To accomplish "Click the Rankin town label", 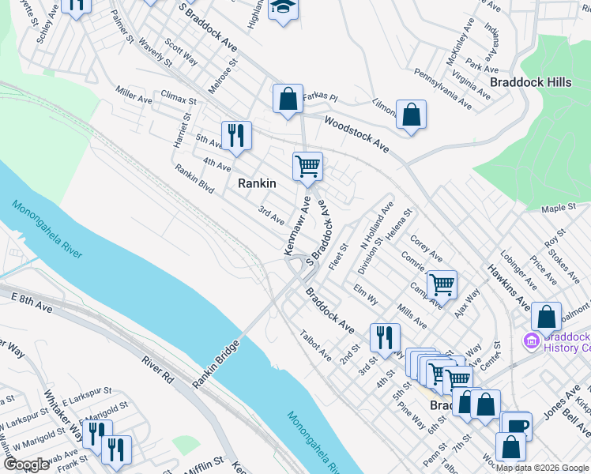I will [258, 183].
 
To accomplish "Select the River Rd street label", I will [157, 371].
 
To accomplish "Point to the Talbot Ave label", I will [315, 345].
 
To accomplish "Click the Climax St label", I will [178, 100].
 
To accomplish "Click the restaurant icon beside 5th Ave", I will [236, 135].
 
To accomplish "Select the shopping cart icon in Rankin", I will [307, 166].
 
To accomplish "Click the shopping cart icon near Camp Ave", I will [441, 284].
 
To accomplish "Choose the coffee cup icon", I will [518, 425].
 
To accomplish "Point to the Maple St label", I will [560, 208].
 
